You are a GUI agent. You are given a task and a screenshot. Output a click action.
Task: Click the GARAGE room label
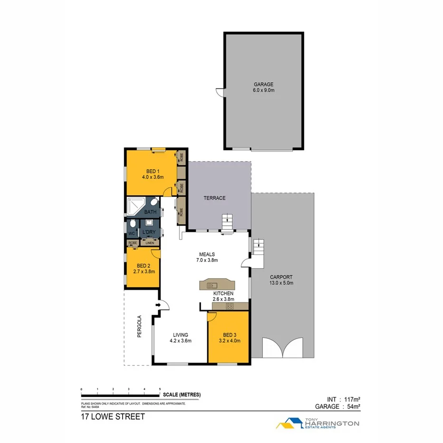[x=263, y=84]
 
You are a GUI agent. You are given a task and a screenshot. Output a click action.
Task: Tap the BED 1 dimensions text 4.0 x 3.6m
[x=153, y=177]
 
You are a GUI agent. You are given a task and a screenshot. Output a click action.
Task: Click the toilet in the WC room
[x=132, y=224]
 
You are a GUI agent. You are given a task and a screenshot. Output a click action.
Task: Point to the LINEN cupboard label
[x=149, y=243]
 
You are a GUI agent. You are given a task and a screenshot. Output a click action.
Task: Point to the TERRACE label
[x=215, y=198]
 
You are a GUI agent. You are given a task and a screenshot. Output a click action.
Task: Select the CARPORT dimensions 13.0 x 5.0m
[x=281, y=283]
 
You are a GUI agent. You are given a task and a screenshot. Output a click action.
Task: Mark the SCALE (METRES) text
[x=182, y=395]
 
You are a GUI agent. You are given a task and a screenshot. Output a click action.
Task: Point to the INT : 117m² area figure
[x=341, y=400]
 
